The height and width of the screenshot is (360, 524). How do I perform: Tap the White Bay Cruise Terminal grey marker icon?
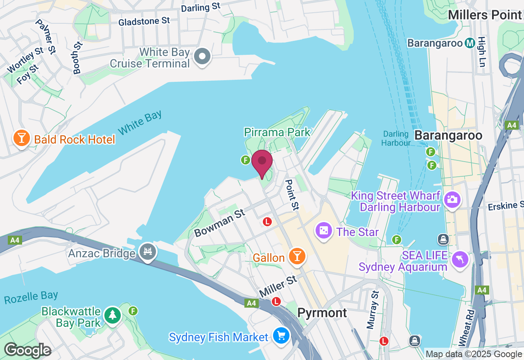point(202,56)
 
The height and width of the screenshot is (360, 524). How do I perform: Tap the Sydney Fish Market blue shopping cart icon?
point(281,336)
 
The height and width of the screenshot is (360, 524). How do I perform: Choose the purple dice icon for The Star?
point(323,231)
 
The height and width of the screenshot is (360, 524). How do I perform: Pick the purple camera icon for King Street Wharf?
point(452,200)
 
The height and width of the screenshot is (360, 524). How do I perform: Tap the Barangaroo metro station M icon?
point(470,43)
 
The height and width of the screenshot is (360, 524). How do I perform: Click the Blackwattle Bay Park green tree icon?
point(113,315)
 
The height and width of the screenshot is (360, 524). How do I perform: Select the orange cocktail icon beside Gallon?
point(297,256)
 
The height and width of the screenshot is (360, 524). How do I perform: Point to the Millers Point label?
point(485,15)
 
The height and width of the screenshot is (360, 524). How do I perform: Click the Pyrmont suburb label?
point(322,313)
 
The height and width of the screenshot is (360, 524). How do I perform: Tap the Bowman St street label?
point(219,223)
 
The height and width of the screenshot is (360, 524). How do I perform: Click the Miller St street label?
point(278,286)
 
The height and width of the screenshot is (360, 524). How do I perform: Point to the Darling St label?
point(201,7)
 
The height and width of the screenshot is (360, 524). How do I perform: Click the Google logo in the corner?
point(27,350)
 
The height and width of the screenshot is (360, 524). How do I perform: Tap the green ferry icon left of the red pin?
point(245,160)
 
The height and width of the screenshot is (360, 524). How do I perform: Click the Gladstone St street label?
point(144,21)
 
